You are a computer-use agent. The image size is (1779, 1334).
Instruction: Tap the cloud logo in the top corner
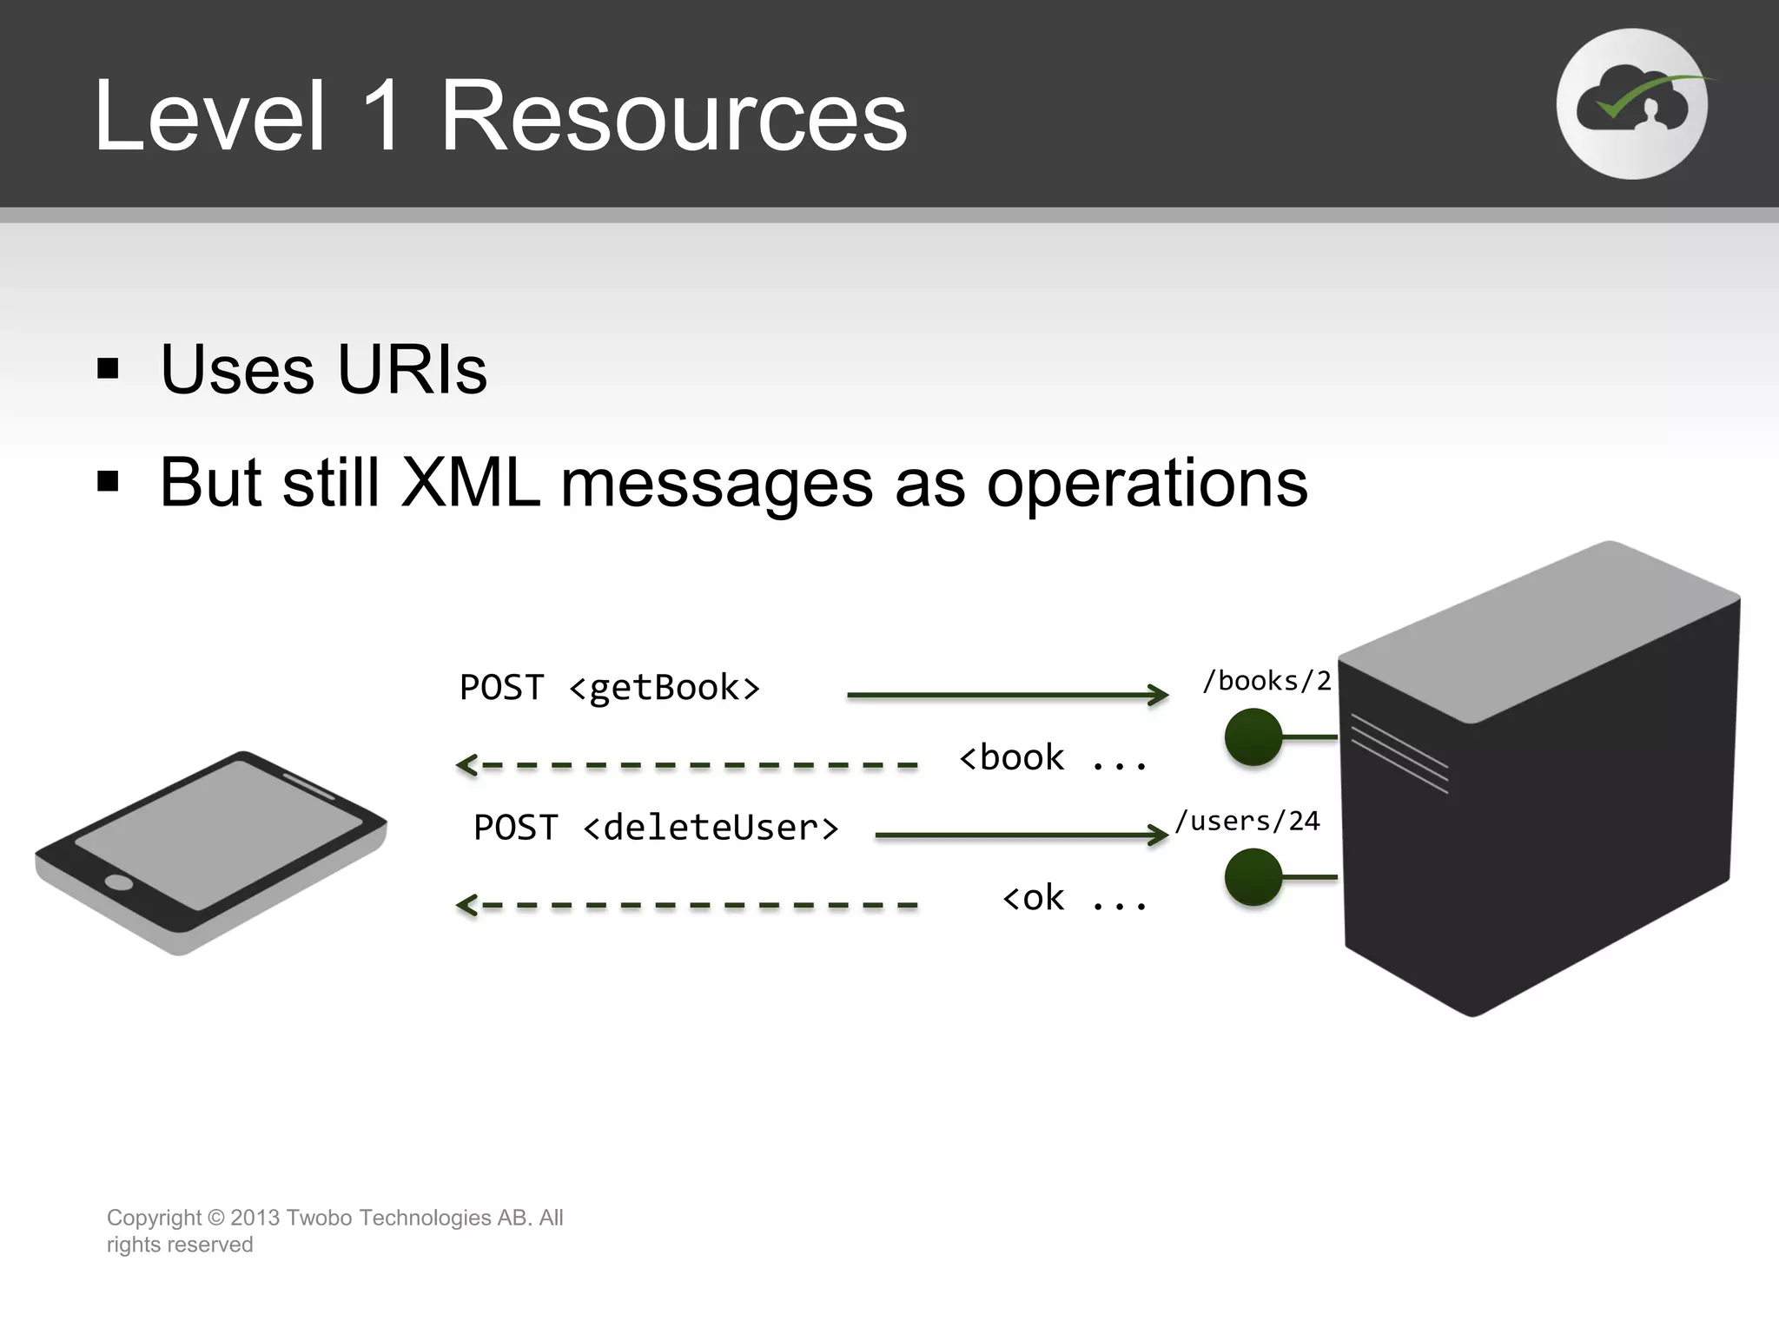[1631, 104]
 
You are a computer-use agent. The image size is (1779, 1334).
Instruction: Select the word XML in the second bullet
[470, 483]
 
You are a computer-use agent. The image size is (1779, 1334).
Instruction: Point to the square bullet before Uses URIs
[108, 369]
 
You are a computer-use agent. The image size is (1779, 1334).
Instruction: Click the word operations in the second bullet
[1147, 483]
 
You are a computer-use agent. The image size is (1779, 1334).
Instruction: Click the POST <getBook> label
[610, 688]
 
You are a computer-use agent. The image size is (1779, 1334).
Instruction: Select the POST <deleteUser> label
[656, 828]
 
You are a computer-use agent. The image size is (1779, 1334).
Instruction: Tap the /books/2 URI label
[1266, 681]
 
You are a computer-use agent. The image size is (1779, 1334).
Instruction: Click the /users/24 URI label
[1247, 821]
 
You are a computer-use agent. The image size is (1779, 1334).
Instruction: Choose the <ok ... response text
[1075, 898]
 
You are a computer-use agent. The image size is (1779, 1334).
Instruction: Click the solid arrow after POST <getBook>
[1008, 695]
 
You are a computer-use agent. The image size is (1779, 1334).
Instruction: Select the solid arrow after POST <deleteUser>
[1022, 835]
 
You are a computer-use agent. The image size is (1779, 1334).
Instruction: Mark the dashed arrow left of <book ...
[686, 765]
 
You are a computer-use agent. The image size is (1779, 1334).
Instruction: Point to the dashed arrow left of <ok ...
[686, 905]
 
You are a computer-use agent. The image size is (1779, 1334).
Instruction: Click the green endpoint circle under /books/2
[1253, 737]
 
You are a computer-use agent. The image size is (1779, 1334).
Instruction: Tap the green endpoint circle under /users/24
[1253, 877]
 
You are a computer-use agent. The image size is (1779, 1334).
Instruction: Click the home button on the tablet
[118, 883]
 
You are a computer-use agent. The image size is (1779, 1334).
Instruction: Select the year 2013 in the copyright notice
[255, 1218]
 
